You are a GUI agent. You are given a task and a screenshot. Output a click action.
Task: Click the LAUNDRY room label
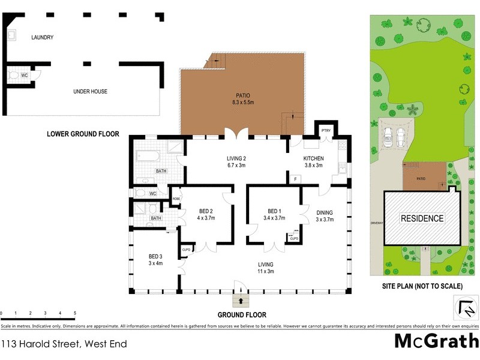(43, 37)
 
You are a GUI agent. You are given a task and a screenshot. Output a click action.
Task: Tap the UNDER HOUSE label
(91, 91)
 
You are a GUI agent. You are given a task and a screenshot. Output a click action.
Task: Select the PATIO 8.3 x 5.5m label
(243, 99)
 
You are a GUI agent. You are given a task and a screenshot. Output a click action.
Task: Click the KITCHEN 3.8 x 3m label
(313, 161)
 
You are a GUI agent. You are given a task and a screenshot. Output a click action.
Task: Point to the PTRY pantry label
(326, 130)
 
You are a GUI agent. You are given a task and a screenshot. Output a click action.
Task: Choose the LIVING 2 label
(236, 161)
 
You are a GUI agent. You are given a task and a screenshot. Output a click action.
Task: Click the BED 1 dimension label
(275, 218)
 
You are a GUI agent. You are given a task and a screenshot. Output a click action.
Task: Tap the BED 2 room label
(207, 214)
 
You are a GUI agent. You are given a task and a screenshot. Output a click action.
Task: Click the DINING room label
(324, 216)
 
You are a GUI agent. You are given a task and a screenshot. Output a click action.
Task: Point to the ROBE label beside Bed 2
(176, 199)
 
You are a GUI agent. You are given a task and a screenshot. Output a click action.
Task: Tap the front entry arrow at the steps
(242, 301)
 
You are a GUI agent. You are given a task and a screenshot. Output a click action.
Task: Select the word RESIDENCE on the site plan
(422, 218)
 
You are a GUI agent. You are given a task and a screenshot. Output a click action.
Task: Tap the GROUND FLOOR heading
(242, 314)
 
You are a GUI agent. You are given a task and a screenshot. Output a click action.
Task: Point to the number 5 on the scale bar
(75, 313)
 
